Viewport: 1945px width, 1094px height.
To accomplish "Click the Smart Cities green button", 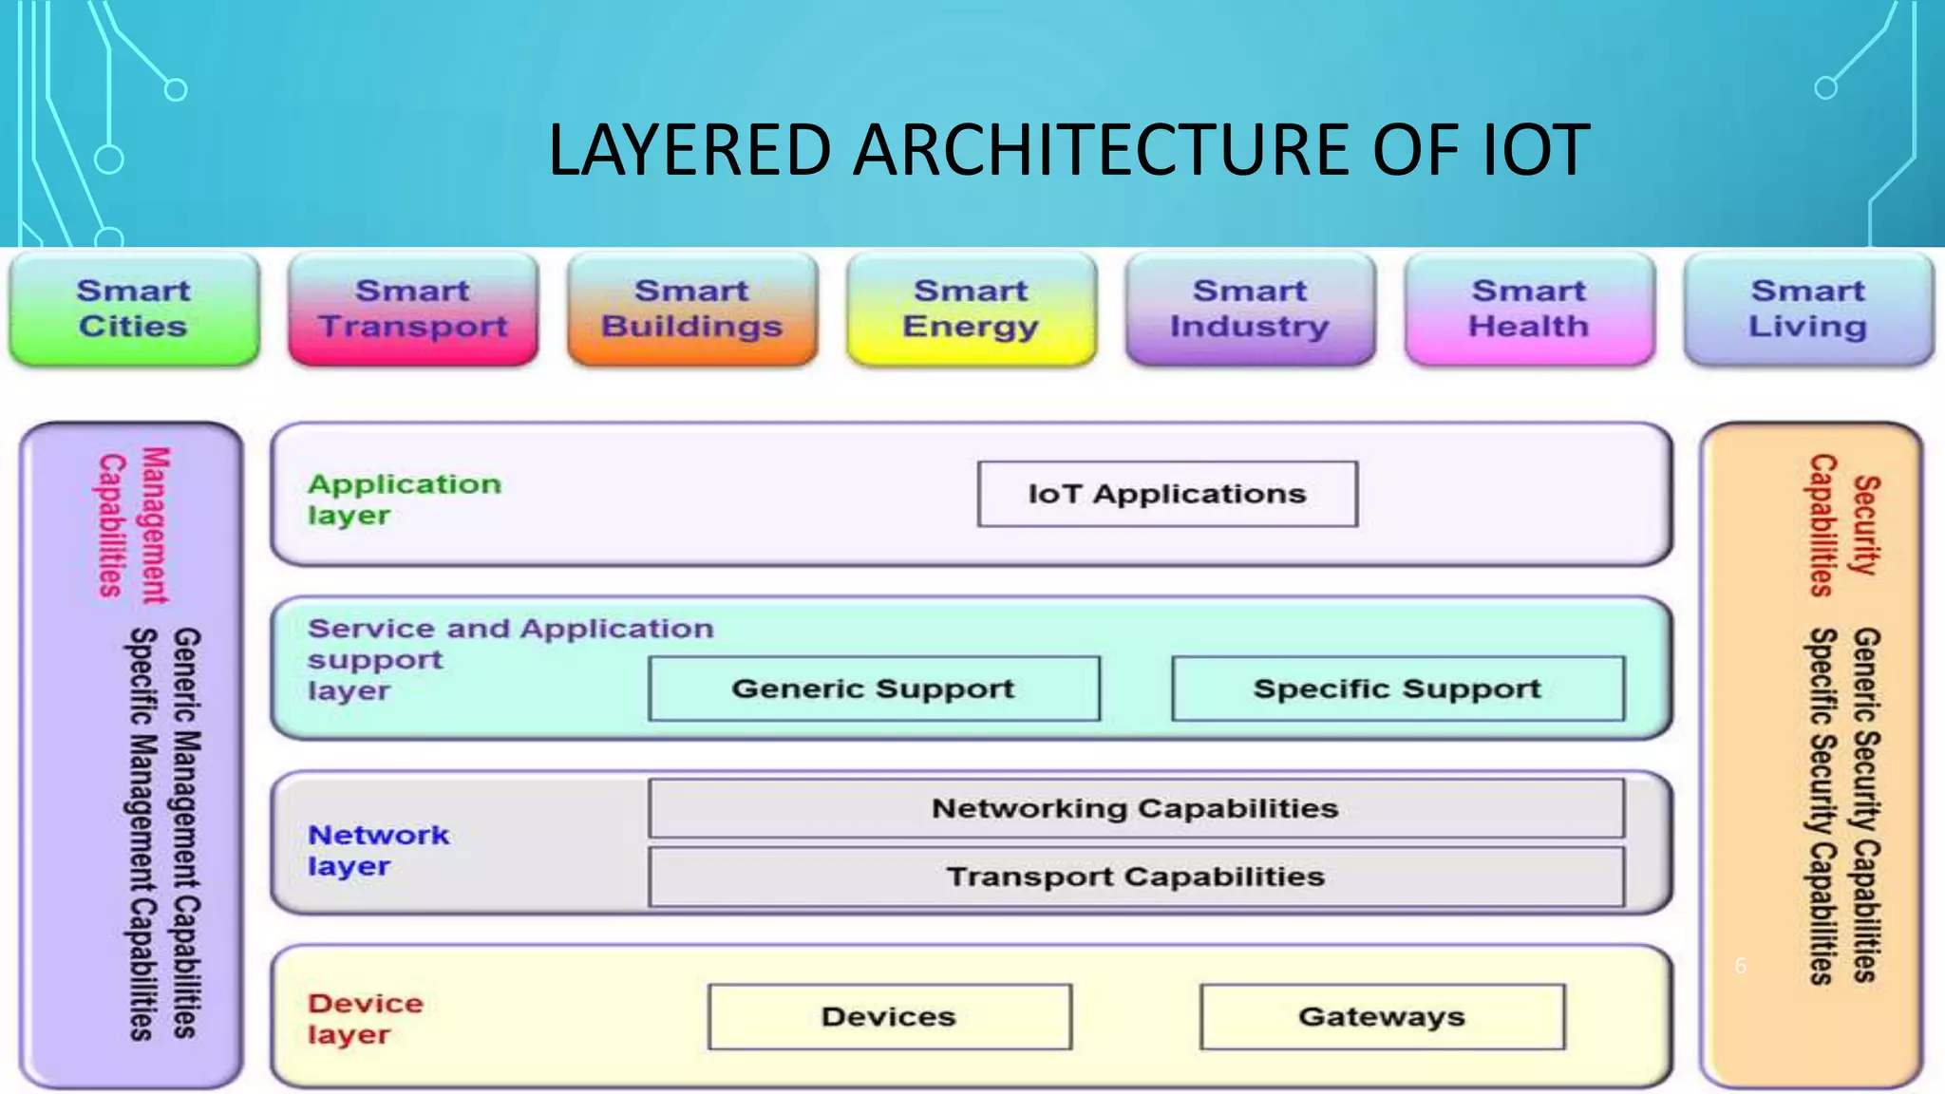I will pos(134,309).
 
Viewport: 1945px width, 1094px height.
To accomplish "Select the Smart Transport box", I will pos(413,309).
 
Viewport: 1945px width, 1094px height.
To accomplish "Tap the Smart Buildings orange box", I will pos(692,309).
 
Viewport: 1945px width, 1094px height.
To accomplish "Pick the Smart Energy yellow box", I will pos(971,309).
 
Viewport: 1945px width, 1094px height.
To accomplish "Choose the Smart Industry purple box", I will pos(1250,309).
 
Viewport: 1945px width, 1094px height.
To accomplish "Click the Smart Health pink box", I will pos(1529,309).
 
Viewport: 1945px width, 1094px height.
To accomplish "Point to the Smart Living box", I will pos(1808,309).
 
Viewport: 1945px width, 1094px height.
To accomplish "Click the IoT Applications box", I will pos(1167,494).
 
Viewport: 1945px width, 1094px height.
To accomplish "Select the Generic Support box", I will pos(874,688).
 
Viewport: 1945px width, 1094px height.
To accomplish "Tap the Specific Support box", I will pos(1397,688).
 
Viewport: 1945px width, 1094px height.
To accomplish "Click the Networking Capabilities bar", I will pos(1136,808).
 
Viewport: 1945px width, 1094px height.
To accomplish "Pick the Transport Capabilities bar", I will pos(1136,877).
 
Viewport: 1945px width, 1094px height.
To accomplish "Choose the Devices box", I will pos(889,1017).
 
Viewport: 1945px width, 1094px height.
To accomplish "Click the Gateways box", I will pos(1382,1017).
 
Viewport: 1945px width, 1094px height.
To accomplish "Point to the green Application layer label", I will pos(403,500).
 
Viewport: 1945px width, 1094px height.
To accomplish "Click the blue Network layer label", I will pos(377,850).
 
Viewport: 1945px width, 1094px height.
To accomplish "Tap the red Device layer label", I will pos(365,1019).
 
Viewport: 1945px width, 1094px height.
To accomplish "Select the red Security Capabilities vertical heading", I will pos(1842,525).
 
